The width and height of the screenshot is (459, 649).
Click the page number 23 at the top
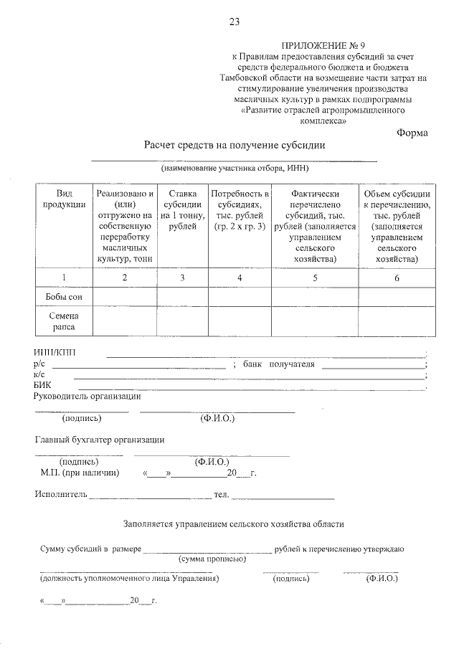point(234,22)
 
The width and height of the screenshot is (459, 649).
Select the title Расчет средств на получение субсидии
point(235,145)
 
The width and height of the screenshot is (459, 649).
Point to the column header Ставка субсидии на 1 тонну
point(182,210)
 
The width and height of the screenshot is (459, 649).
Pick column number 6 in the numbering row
point(397,278)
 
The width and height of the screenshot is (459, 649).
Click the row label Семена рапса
point(64,321)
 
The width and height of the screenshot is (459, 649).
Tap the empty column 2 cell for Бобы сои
point(125,297)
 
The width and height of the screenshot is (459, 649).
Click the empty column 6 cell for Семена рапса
point(397,321)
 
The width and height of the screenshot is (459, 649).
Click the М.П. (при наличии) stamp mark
point(80,473)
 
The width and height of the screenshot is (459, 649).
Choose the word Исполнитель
point(60,494)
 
